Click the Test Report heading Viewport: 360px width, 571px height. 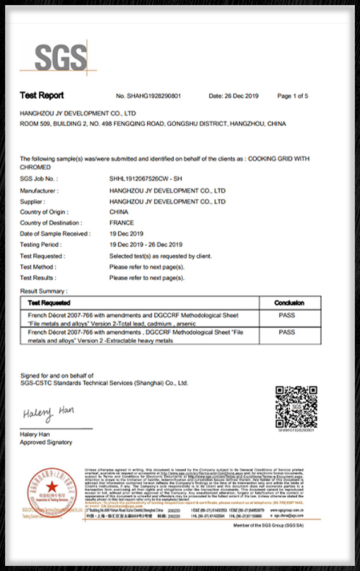(x=42, y=95)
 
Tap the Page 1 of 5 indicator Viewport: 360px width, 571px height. (x=293, y=96)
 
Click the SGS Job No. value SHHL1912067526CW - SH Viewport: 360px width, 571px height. (x=145, y=180)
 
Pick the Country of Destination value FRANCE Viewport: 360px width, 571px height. (x=122, y=223)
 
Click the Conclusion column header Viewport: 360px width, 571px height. (x=289, y=303)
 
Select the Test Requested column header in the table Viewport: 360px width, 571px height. (x=49, y=303)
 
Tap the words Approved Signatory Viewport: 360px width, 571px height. (x=46, y=443)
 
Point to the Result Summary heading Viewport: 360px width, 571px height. (x=43, y=291)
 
